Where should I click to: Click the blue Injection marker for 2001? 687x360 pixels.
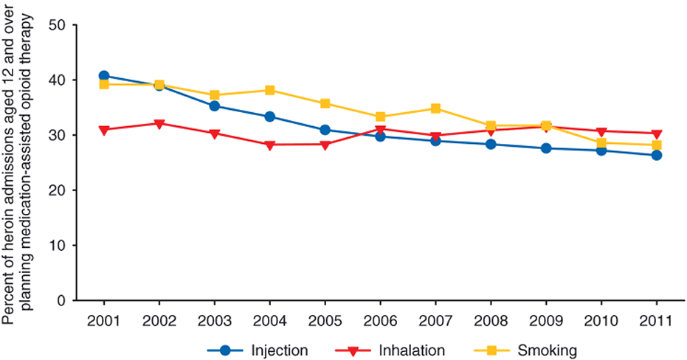(x=104, y=75)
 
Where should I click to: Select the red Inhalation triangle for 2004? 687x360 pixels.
(x=269, y=145)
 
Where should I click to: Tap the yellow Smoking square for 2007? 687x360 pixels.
(x=435, y=108)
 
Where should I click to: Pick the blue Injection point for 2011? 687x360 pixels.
(x=656, y=155)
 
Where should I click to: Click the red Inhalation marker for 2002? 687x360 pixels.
(x=159, y=123)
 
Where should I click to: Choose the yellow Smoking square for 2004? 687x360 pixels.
(x=269, y=90)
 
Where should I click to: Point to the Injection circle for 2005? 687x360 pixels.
(x=325, y=130)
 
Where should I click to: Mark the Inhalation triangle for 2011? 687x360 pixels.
(x=656, y=134)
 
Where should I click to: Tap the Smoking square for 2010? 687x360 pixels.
(x=601, y=143)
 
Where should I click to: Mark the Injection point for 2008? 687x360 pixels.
(x=491, y=144)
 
